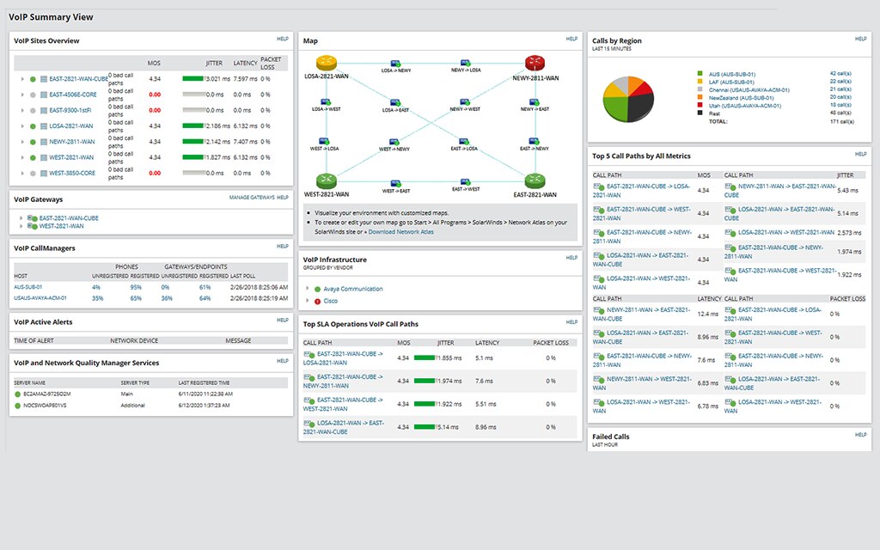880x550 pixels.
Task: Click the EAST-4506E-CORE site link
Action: (73, 95)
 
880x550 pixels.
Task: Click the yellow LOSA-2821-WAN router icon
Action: (327, 63)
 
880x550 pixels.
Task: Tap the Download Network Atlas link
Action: (401, 232)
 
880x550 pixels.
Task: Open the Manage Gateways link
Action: (251, 198)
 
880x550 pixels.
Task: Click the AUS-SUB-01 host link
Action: (28, 287)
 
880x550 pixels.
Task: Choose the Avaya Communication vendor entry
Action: (353, 289)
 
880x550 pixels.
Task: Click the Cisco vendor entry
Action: (331, 301)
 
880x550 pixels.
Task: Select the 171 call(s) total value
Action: (841, 121)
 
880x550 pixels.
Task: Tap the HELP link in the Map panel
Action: (571, 39)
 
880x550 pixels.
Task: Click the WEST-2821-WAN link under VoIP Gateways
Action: (62, 226)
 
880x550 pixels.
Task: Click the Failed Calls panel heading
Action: (611, 437)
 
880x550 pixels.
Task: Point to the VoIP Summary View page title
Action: (52, 17)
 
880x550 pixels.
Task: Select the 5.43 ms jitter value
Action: (847, 190)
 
